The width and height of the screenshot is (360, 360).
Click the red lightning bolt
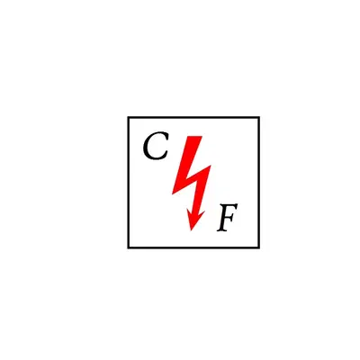(x=191, y=180)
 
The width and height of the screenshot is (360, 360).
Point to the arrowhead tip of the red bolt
(x=191, y=230)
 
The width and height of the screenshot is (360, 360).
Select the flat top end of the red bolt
(x=195, y=137)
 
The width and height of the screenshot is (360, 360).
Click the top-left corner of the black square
(x=128, y=117)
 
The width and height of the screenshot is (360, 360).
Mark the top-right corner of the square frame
(x=259, y=117)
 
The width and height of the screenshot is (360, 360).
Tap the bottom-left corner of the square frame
(x=128, y=247)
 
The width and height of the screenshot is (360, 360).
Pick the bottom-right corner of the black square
(x=259, y=247)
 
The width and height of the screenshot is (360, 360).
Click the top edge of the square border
(x=193, y=117)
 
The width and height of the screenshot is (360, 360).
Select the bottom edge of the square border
(x=193, y=247)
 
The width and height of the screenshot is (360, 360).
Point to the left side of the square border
(x=128, y=183)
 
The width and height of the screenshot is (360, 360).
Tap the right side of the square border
(x=259, y=183)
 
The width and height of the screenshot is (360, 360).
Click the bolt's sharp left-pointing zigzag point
(x=172, y=193)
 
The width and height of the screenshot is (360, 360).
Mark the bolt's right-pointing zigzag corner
(x=211, y=166)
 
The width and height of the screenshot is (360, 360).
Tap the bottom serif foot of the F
(x=221, y=230)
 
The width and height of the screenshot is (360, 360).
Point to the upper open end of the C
(x=166, y=137)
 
